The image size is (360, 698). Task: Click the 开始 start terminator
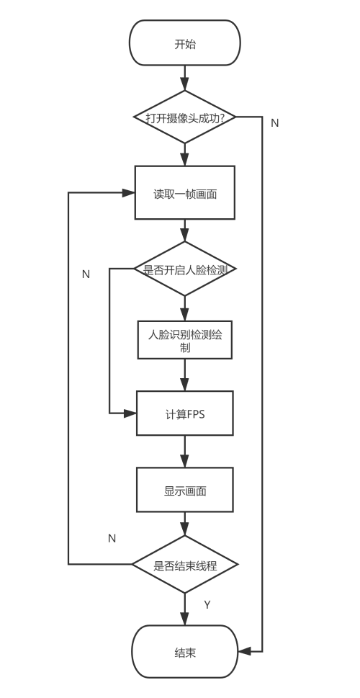185,44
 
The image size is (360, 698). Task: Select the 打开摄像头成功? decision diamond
185,117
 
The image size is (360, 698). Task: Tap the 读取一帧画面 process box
185,193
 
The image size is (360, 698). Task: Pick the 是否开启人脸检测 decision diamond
185,269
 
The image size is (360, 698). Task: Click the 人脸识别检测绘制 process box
185,340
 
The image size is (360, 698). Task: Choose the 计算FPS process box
185,413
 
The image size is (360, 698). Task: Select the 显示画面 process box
185,491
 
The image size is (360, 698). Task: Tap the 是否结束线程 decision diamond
185,565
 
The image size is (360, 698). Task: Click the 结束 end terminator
185,652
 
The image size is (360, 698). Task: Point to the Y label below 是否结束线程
207,604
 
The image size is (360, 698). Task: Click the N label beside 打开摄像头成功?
274,122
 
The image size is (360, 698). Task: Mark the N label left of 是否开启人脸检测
86,274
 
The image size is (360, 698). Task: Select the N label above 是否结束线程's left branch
112,537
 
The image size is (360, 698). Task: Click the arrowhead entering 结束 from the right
245,651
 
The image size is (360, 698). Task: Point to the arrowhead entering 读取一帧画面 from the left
130,193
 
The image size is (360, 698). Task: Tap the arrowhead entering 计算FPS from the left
130,413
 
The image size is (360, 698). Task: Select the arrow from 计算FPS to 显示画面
185,452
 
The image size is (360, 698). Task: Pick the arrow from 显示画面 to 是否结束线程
185,524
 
